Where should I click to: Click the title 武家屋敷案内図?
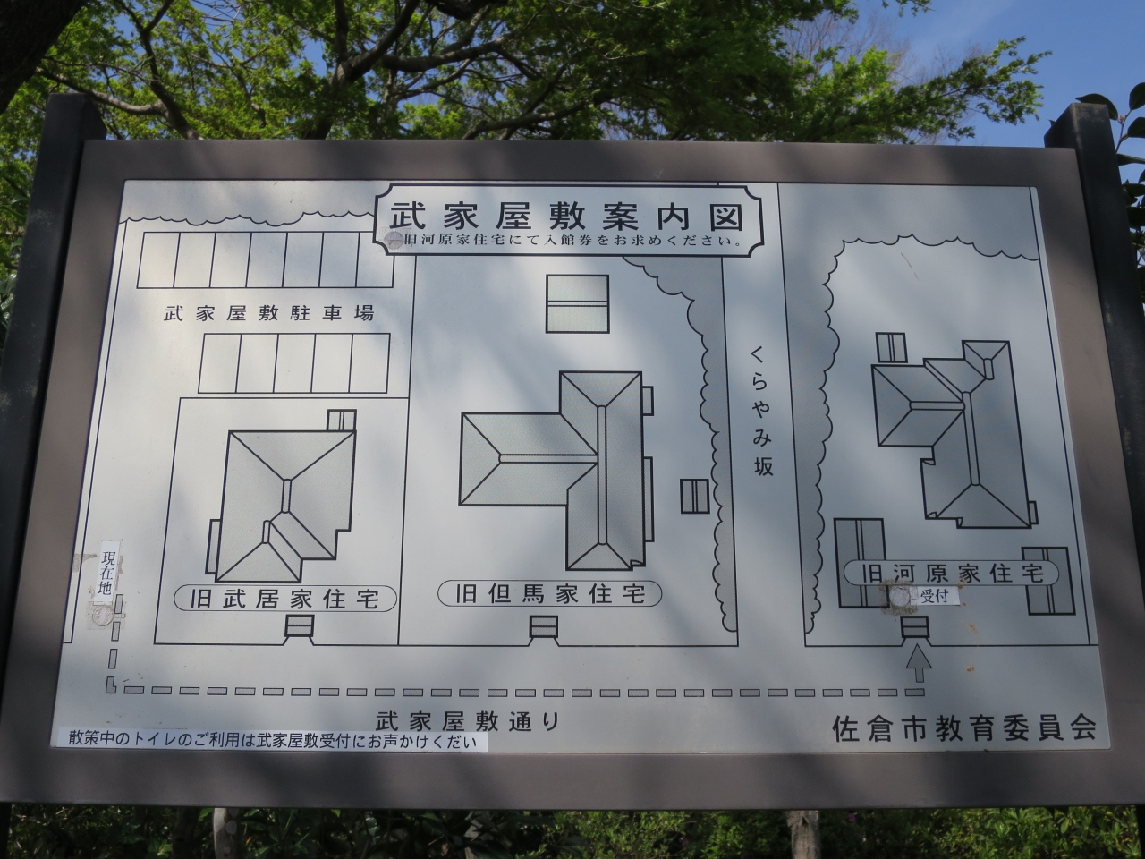[567, 217]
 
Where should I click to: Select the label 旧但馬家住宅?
[550, 594]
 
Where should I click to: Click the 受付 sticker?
[933, 596]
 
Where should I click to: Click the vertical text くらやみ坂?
[762, 411]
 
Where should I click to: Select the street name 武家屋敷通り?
[468, 722]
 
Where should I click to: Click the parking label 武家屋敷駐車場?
[269, 313]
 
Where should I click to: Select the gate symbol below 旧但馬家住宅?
[544, 627]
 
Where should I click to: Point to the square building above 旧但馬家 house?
[578, 303]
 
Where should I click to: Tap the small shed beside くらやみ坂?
[695, 496]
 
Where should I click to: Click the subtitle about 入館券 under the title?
[569, 242]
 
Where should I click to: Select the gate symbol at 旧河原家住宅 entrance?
[915, 627]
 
